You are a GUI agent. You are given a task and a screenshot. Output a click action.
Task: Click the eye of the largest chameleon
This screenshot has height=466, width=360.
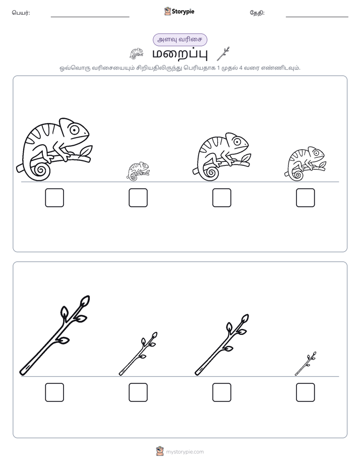[74, 130]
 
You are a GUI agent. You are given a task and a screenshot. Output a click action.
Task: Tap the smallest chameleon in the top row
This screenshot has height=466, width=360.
[138, 171]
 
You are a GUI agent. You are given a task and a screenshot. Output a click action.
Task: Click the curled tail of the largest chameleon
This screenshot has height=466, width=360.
[41, 170]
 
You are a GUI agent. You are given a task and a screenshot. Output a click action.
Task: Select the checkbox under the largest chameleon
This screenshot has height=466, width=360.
[54, 198]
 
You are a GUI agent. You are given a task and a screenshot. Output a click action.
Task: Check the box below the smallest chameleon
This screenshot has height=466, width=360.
[138, 198]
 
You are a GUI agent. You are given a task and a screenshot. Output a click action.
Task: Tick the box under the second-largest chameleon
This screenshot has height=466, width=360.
[222, 198]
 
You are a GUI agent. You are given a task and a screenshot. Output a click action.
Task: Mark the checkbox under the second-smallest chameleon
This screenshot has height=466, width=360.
[306, 198]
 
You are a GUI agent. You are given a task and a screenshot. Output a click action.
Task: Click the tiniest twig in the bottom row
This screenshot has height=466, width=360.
[306, 364]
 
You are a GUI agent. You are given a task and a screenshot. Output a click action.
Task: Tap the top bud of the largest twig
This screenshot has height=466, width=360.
[85, 301]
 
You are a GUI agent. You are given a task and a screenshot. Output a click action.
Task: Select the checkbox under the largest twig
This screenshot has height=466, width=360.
[54, 392]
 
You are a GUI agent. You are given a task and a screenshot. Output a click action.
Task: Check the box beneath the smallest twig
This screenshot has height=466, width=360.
[306, 392]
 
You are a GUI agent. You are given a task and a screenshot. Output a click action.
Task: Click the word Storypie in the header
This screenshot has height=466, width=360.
[183, 12]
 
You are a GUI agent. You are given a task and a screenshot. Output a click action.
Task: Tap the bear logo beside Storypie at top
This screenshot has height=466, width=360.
[167, 11]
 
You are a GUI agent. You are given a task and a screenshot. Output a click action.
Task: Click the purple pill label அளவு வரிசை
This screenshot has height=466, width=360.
[180, 40]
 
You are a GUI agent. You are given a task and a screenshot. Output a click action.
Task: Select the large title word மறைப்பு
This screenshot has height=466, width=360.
[180, 54]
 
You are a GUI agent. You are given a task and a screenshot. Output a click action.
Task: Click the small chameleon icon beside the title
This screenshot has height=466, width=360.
[136, 54]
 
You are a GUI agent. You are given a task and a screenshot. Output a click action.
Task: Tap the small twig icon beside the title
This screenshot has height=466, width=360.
[223, 54]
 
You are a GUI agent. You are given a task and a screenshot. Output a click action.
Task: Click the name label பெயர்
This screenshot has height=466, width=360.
[21, 13]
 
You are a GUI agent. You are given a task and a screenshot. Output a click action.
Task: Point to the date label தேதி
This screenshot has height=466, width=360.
[257, 13]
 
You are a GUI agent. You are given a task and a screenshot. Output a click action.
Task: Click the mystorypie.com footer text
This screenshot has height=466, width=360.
[185, 452]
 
